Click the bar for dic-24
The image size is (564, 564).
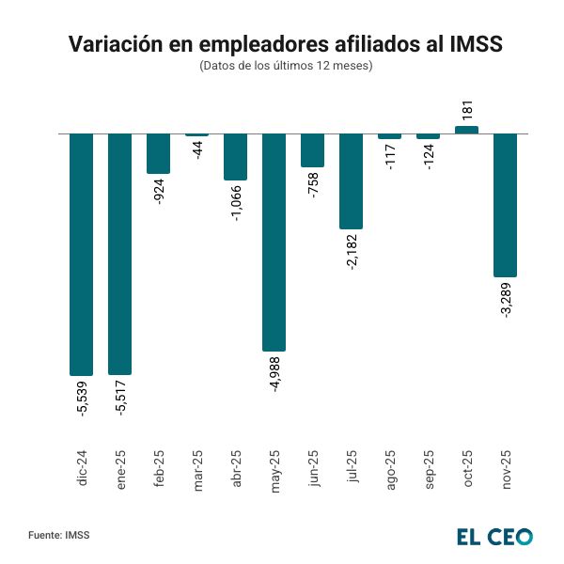click(82, 254)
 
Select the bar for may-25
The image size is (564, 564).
click(274, 243)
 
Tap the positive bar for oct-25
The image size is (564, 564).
click(466, 130)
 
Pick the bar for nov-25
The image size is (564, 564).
click(505, 205)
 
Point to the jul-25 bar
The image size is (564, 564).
click(351, 180)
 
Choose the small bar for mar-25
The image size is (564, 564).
click(197, 135)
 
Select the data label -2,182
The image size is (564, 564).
click(352, 252)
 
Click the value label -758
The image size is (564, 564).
click(313, 184)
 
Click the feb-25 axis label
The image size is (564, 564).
click(159, 466)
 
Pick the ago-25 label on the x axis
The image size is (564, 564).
click(390, 466)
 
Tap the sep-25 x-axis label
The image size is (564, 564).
click(429, 466)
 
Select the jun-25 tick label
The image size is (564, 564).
click(313, 466)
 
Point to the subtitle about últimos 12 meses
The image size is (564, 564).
click(286, 66)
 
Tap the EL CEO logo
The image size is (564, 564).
click(493, 536)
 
